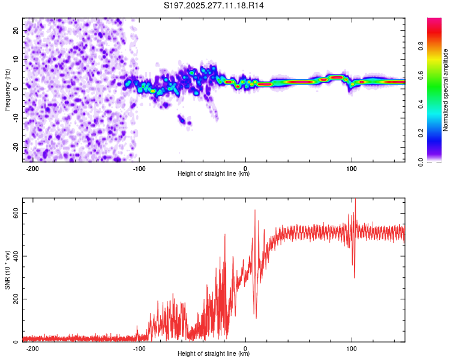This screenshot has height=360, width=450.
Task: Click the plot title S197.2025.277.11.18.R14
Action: point(214,5)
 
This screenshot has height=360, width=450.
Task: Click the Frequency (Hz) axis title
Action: point(7,89)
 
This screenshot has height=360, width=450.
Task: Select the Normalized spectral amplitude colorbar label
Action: point(446,90)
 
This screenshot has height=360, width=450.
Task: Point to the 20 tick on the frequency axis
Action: point(16,29)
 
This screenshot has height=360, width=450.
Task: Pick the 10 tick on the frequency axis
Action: point(16,59)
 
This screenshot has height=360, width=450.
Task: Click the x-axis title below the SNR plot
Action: point(214,355)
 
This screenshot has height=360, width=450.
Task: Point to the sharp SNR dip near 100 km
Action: point(355,277)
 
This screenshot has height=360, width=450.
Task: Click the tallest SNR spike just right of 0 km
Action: point(255,211)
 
